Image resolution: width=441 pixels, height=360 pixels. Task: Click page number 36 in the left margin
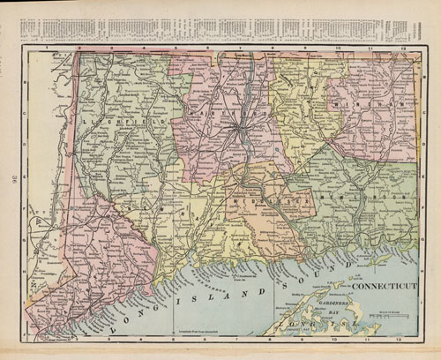pos(16,184)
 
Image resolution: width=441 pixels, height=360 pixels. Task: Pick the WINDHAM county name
pos(369,102)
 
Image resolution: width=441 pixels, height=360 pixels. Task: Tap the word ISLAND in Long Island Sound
pos(238,291)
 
